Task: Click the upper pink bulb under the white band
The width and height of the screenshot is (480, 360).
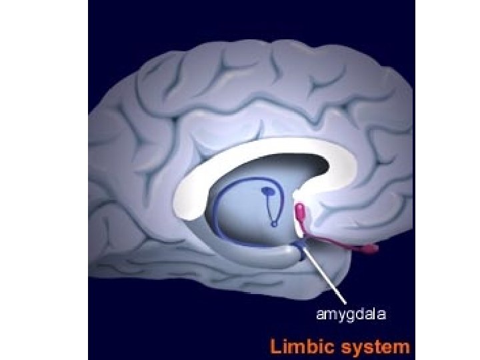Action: click(x=300, y=213)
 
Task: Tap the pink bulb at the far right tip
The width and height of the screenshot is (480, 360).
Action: click(x=371, y=249)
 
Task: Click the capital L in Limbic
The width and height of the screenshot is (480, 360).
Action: click(x=275, y=347)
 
